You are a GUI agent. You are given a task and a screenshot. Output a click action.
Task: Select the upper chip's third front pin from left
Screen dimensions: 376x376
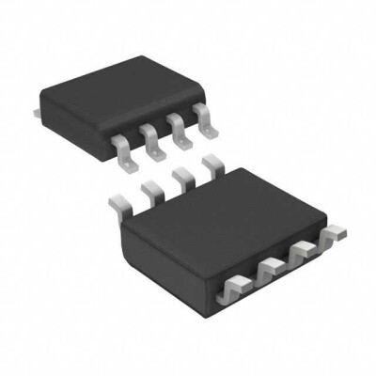point(178,129)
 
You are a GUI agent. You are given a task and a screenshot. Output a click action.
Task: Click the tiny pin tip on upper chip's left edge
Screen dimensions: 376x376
point(34,113)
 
